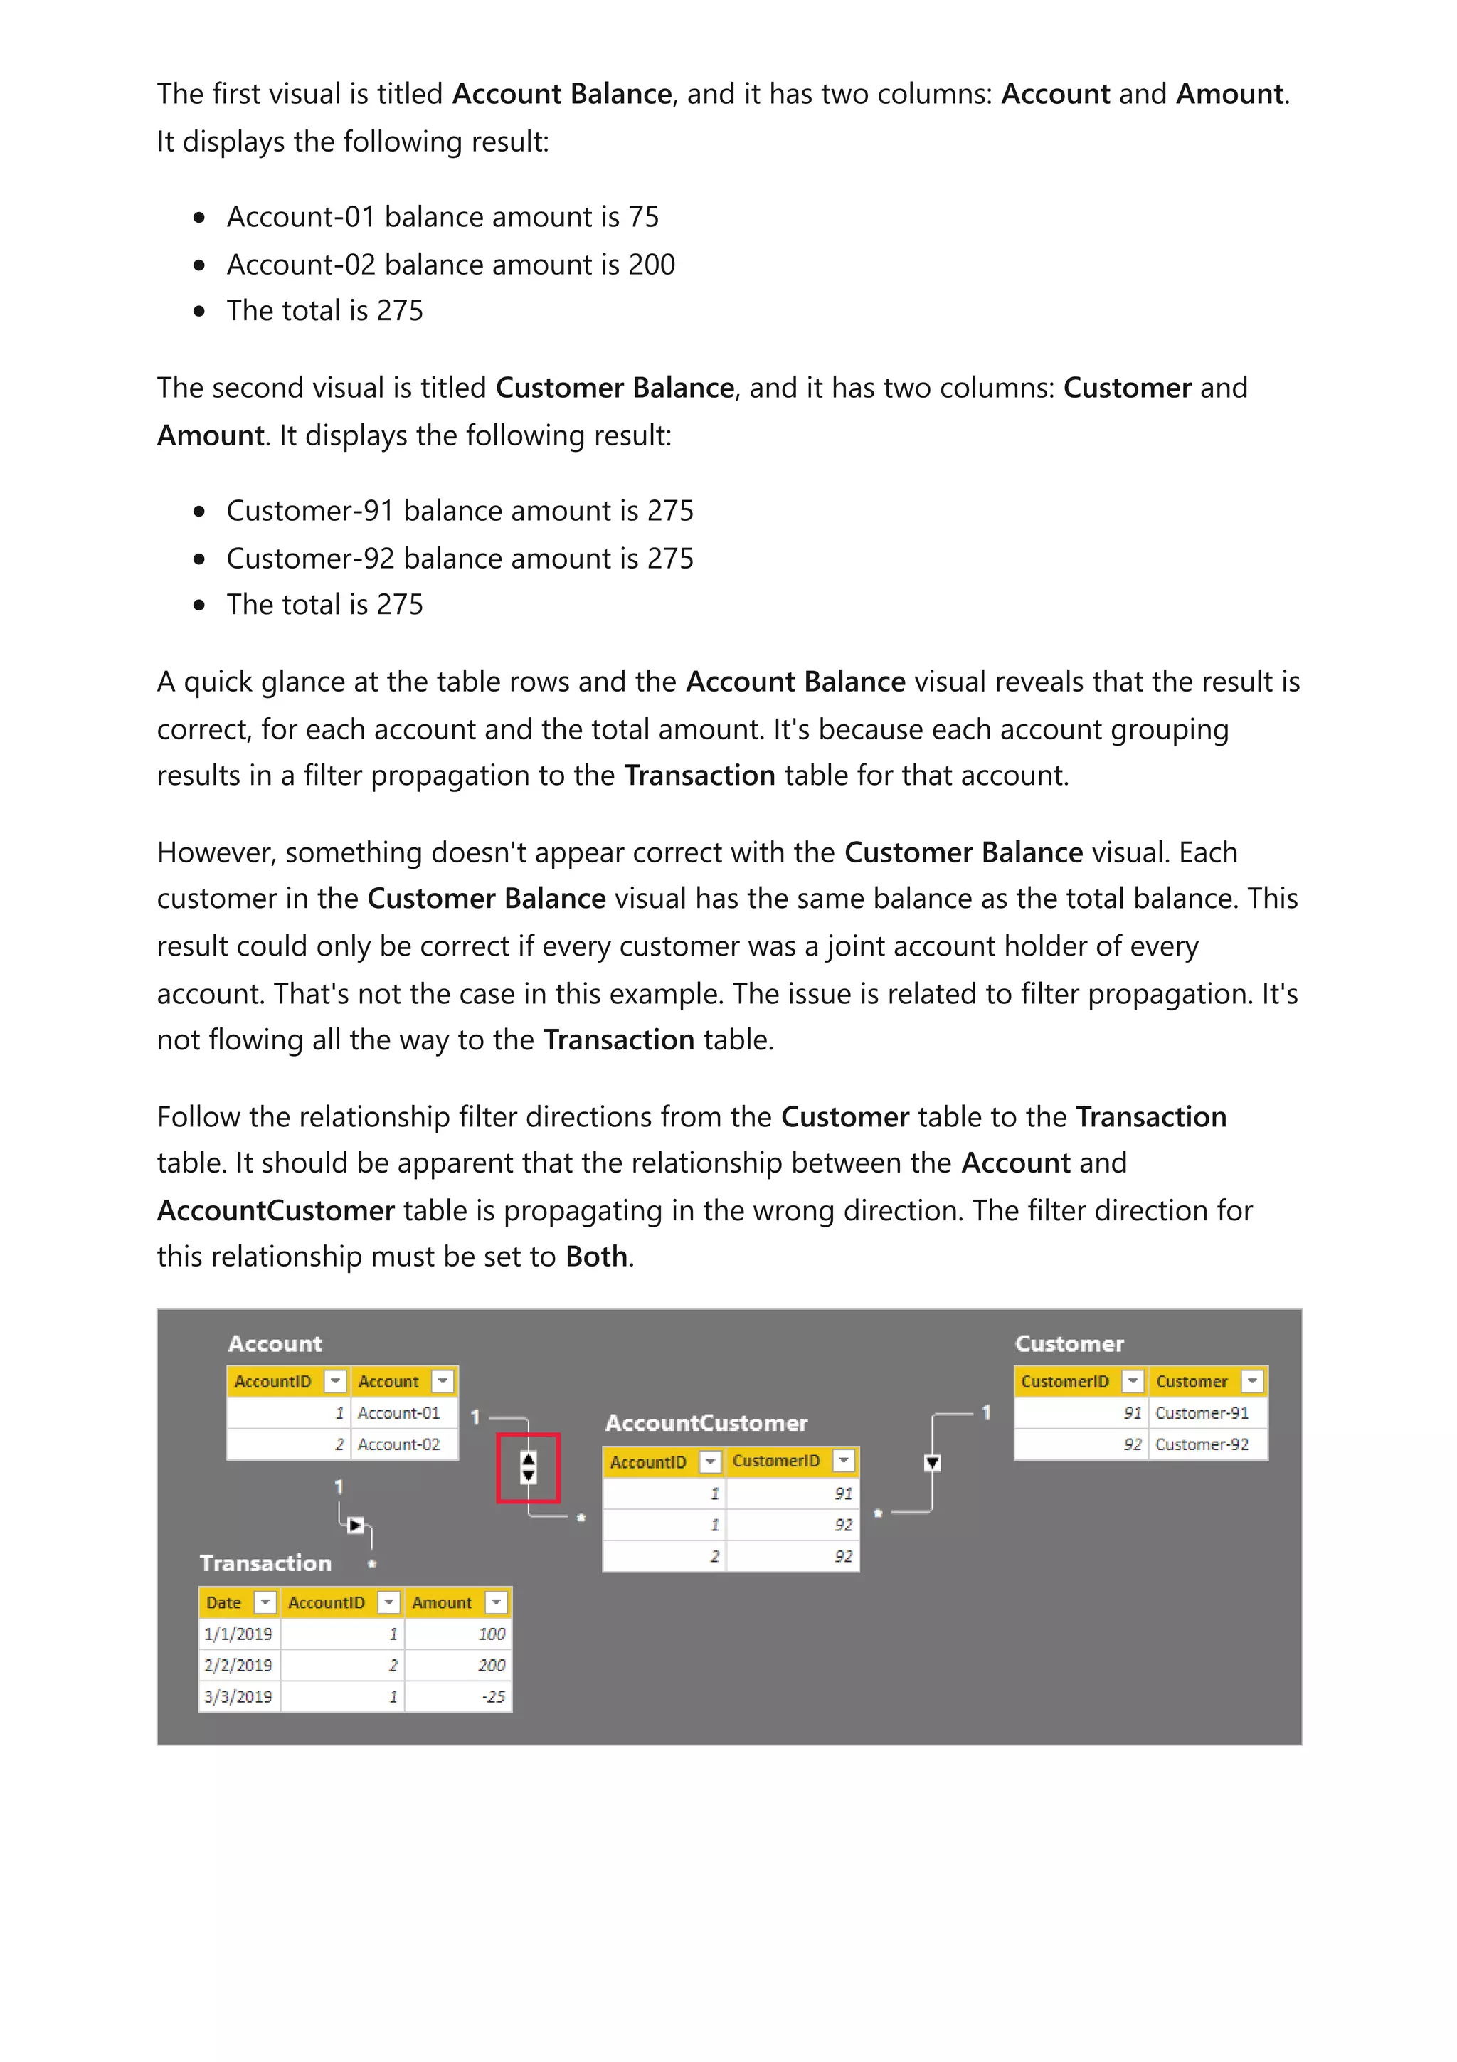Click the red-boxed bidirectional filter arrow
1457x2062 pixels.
[528, 1467]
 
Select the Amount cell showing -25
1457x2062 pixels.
[458, 1696]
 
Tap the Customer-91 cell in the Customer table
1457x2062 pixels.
[1207, 1412]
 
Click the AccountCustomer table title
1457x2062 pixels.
[706, 1422]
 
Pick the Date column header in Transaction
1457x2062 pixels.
[224, 1602]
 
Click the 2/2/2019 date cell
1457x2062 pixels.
[238, 1665]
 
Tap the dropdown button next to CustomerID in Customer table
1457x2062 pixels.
[1133, 1381]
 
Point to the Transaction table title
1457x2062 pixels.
[266, 1563]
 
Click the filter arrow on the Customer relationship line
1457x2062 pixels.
[932, 1463]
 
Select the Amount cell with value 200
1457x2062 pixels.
[458, 1665]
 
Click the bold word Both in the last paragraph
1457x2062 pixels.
[596, 1257]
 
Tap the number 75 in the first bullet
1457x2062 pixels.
[642, 217]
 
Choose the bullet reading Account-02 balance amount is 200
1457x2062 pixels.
[450, 265]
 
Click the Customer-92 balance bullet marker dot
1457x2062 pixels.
[199, 559]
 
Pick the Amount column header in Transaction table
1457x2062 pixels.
[442, 1602]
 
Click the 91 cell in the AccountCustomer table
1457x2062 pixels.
[792, 1493]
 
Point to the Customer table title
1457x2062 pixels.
[1069, 1343]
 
